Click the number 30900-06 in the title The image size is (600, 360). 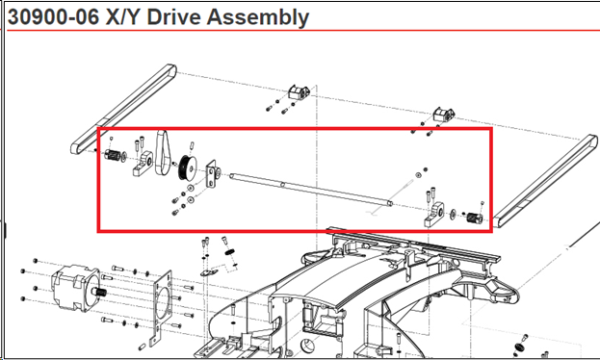tap(54, 17)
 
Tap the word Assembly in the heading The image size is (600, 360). tap(257, 18)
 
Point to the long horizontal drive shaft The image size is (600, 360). tap(311, 190)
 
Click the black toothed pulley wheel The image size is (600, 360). tap(188, 167)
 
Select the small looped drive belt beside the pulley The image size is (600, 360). tap(162, 152)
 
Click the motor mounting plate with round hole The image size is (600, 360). tap(162, 307)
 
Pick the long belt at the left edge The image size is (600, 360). tap(123, 110)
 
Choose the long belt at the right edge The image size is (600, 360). tap(546, 181)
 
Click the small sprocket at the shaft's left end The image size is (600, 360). tap(113, 155)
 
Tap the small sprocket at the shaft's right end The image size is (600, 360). tap(475, 219)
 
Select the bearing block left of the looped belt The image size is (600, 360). tap(143, 164)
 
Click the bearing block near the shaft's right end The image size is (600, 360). tap(434, 215)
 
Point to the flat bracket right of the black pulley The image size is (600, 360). tap(211, 174)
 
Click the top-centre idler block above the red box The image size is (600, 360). tap(299, 92)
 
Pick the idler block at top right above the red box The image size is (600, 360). tap(444, 115)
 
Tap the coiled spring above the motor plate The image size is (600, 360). tap(229, 252)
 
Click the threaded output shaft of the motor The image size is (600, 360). tap(99, 292)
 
